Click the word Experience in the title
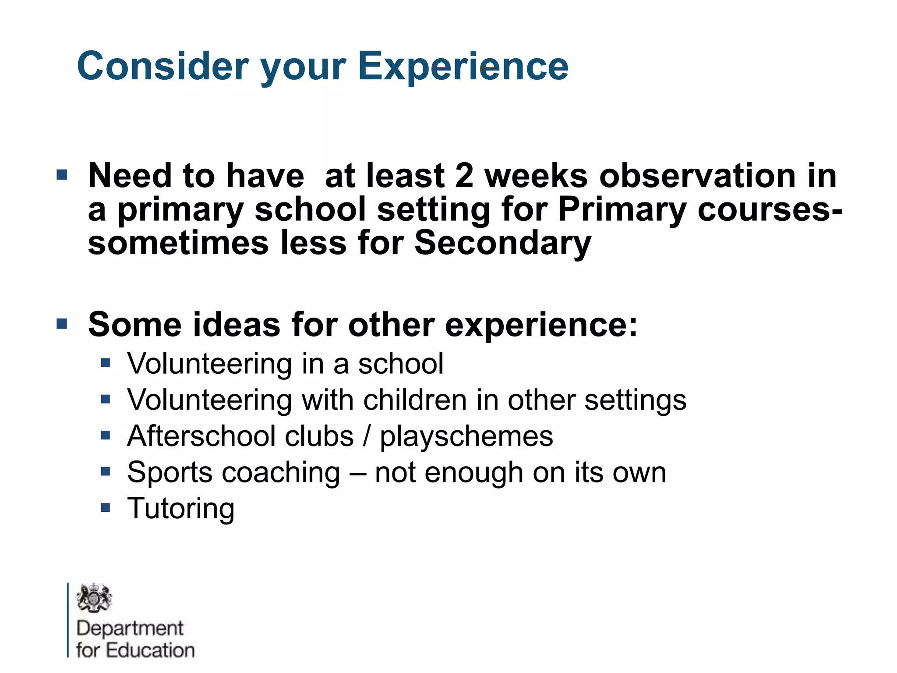463,67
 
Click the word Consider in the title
163,67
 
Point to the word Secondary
502,244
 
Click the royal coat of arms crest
94,598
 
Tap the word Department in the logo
130,629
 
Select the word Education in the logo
150,651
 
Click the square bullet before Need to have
62,175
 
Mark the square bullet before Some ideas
62,324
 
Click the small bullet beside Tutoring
105,508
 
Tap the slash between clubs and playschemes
367,436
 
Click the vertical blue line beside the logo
68,620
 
